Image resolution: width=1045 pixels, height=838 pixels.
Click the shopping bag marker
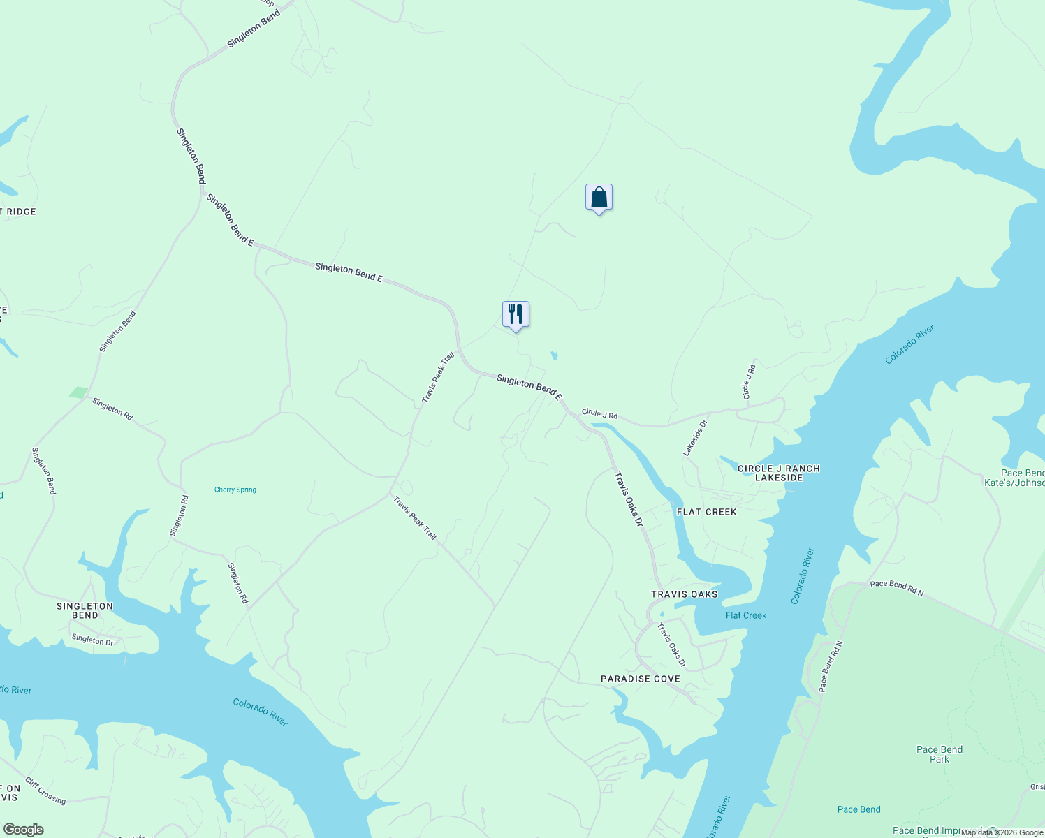pos(599,198)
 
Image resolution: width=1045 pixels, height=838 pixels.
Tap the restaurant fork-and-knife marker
pos(516,314)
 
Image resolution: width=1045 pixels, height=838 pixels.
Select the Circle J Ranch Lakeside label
pos(778,473)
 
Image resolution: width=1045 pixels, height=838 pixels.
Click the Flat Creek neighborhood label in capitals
pos(706,512)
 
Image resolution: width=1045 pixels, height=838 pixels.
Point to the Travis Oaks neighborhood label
pos(684,594)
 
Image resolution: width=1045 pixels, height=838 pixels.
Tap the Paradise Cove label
pos(640,679)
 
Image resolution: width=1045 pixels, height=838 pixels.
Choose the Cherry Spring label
pos(235,490)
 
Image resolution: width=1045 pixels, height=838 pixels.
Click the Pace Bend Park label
pos(939,754)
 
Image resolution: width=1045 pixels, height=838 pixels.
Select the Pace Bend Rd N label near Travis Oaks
pos(896,588)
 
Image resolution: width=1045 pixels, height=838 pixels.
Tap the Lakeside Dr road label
pos(695,438)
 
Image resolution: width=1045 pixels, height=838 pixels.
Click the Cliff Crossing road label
pos(45,791)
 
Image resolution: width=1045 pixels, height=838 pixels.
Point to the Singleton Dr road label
pos(92,640)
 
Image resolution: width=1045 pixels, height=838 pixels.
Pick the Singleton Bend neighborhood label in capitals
pos(85,610)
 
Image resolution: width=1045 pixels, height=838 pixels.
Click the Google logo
pos(24,830)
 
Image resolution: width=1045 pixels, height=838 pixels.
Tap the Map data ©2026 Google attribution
pos(1002,832)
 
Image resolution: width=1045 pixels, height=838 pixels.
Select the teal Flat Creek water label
pos(745,615)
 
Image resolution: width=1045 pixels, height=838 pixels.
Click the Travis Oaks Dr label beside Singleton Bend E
pos(627,499)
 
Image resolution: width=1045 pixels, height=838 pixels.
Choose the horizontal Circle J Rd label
pos(599,414)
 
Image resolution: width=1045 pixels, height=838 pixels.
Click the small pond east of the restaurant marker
pos(554,355)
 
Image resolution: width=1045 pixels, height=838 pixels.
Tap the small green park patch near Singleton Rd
pos(79,392)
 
